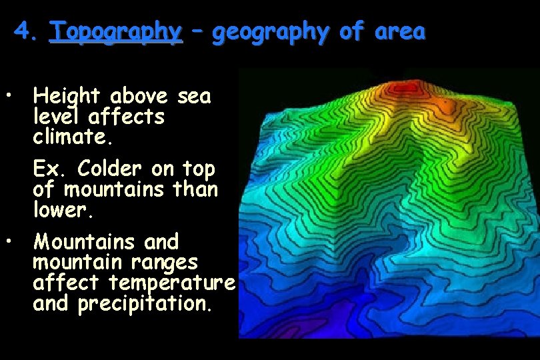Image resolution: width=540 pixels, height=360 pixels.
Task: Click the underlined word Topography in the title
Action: pos(115,31)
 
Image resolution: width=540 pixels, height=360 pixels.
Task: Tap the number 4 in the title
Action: pos(21,31)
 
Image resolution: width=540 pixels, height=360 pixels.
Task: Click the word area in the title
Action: pos(399,31)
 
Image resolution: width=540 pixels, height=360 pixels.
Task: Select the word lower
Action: pos(61,211)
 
